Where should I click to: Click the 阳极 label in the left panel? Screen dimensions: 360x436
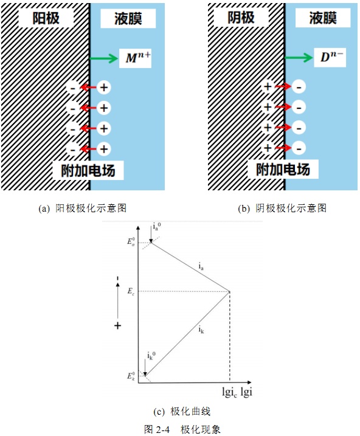[x=46, y=18]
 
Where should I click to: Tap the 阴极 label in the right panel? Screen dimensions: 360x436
[x=241, y=18]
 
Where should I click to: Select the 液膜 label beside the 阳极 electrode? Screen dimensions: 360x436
[x=128, y=19]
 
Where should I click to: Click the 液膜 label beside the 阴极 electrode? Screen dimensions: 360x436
[x=323, y=18]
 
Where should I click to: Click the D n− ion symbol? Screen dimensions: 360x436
[x=331, y=57]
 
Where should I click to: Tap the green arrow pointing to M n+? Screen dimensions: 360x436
[x=104, y=58]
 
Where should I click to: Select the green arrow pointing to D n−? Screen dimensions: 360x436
[x=299, y=58]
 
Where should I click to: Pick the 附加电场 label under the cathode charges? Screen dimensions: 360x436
[x=283, y=169]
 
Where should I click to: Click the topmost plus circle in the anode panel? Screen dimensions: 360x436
[x=104, y=88]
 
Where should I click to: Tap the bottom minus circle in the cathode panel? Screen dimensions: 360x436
[x=299, y=148]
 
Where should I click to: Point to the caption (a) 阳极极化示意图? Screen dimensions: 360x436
[x=83, y=208]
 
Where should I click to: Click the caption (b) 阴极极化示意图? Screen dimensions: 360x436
[x=282, y=208]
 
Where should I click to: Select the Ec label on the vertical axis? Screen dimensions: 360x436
[x=131, y=291]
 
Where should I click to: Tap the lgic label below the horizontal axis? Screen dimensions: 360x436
[x=230, y=392]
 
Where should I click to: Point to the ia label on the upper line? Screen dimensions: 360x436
[x=201, y=266]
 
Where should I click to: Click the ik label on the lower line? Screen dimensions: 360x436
[x=201, y=330]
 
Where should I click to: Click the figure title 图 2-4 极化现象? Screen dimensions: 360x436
[x=182, y=429]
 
